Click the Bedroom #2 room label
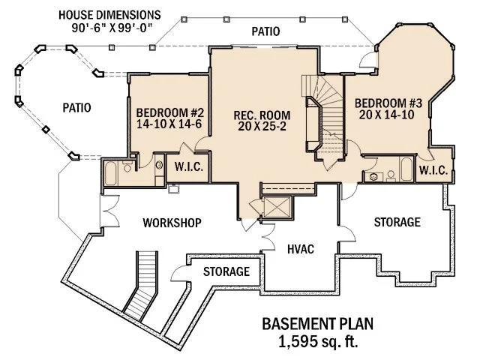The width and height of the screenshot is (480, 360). click(169, 114)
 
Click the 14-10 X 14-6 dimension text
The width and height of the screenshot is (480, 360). click(169, 126)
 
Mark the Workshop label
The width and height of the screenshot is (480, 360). click(172, 223)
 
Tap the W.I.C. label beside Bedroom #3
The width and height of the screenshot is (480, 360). click(433, 171)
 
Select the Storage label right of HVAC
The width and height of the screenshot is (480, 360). click(396, 222)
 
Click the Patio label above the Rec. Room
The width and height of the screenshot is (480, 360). click(266, 31)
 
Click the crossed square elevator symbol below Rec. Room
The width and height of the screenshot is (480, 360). click(274, 208)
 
